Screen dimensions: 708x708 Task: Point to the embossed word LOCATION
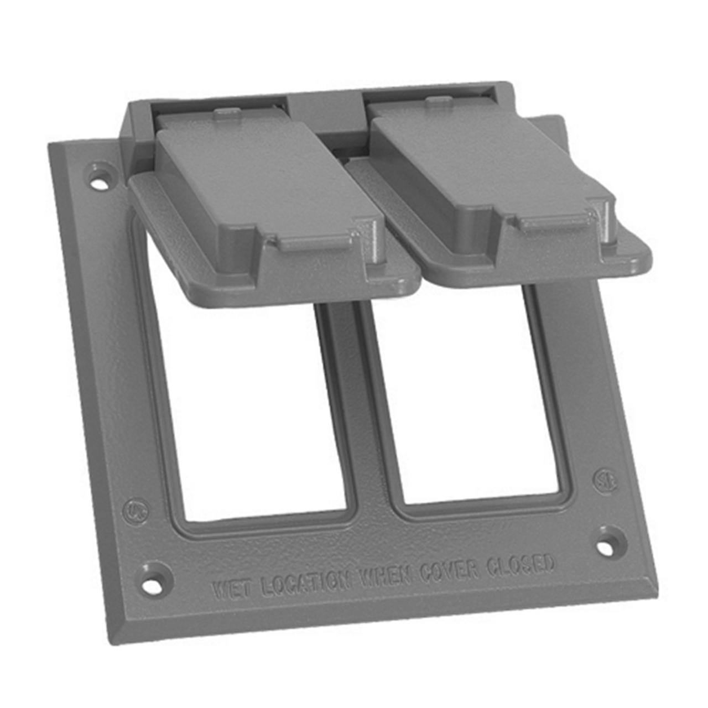click(306, 581)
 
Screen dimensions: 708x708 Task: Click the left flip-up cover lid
click(260, 188)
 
